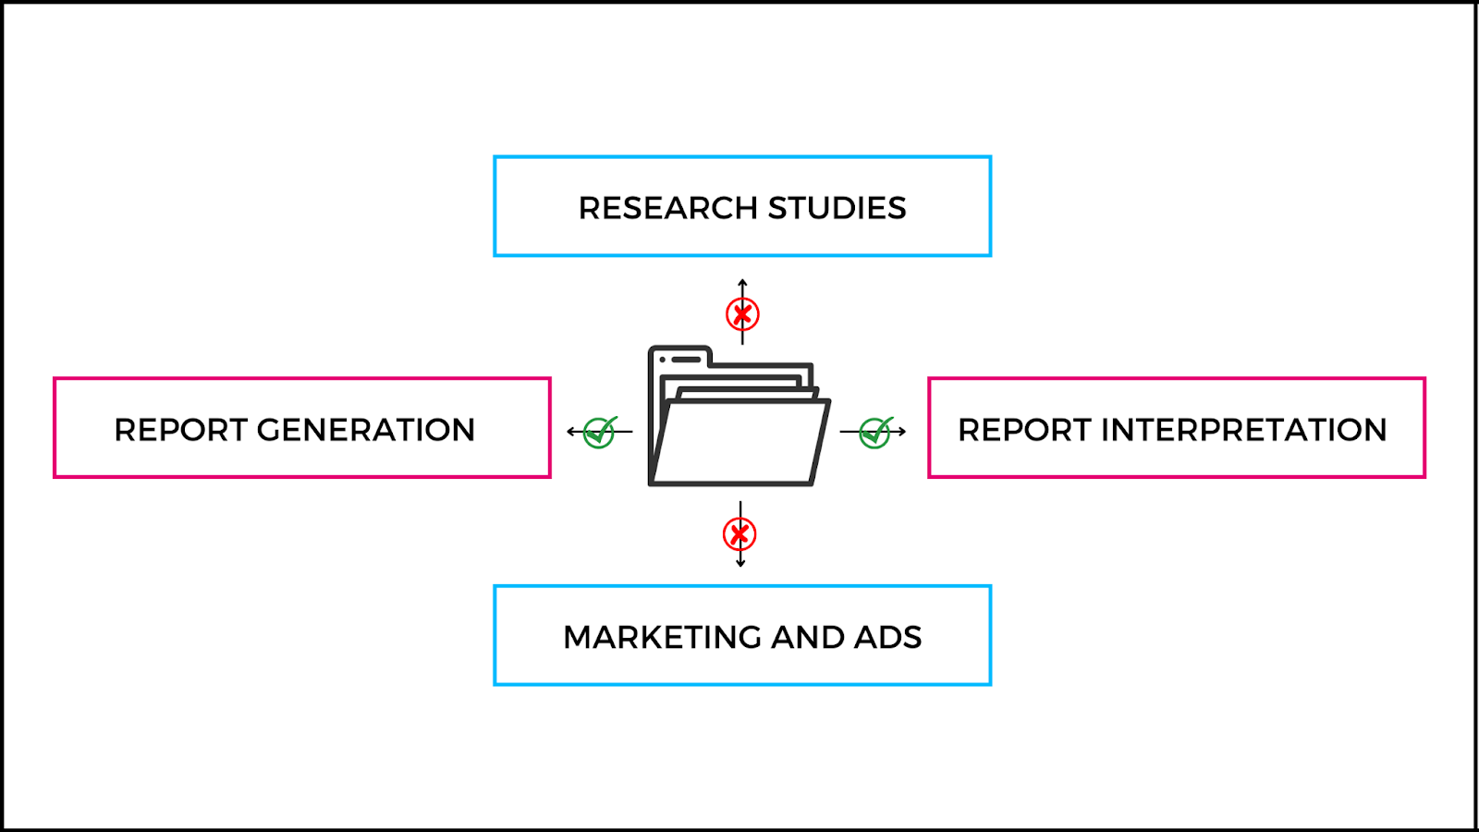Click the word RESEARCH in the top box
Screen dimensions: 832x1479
pos(668,208)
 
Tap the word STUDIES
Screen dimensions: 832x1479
pos(837,208)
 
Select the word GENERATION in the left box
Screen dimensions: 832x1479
pos(365,430)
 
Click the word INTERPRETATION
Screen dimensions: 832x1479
pos(1243,430)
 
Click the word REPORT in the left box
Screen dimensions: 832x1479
pos(180,430)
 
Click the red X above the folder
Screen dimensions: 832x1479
pos(742,314)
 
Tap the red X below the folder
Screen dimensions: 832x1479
pos(739,534)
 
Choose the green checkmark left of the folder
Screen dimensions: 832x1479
pos(600,431)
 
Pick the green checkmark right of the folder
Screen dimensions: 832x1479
pos(874,431)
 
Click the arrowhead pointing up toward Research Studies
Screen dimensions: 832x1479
pos(742,282)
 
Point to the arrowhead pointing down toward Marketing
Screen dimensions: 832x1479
pos(740,563)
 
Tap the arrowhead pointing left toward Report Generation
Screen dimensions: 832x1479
pos(570,431)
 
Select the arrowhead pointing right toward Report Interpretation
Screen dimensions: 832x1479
pos(902,431)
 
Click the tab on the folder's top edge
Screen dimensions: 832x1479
pos(680,356)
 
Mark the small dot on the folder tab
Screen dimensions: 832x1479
pos(663,359)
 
